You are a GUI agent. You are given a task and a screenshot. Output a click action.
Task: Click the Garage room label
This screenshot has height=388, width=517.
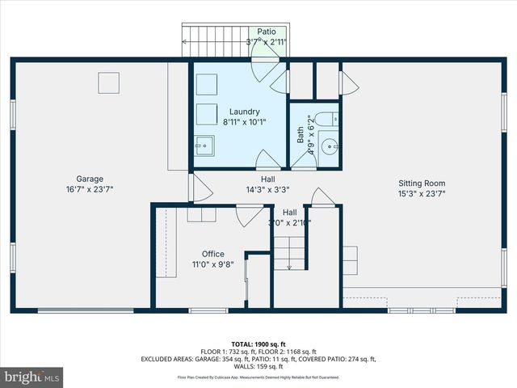(x=90, y=179)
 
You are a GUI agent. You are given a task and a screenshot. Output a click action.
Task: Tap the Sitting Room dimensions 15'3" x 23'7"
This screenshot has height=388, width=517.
(x=421, y=194)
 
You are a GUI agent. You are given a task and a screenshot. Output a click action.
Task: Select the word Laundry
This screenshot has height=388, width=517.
(x=244, y=112)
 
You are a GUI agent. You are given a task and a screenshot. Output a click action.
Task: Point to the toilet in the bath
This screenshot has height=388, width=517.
(x=327, y=120)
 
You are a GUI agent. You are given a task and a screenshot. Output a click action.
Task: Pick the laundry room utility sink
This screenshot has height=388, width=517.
(x=204, y=146)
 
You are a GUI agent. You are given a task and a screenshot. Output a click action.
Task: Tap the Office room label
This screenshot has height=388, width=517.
(x=213, y=254)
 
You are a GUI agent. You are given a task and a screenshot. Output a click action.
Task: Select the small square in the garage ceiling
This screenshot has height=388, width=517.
(x=108, y=82)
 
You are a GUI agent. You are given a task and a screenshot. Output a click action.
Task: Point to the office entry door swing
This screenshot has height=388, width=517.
(x=247, y=216)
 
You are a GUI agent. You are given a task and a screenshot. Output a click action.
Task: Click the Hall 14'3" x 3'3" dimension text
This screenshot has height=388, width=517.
(x=267, y=190)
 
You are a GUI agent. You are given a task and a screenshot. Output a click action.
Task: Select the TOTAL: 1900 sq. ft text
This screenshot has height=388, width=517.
(x=258, y=344)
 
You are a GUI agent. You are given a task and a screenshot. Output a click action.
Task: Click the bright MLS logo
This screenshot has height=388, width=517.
(x=32, y=377)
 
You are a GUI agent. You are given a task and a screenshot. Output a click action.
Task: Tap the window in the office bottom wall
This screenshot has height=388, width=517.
(x=208, y=310)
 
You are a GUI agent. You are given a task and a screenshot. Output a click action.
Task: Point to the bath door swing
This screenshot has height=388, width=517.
(x=305, y=160)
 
